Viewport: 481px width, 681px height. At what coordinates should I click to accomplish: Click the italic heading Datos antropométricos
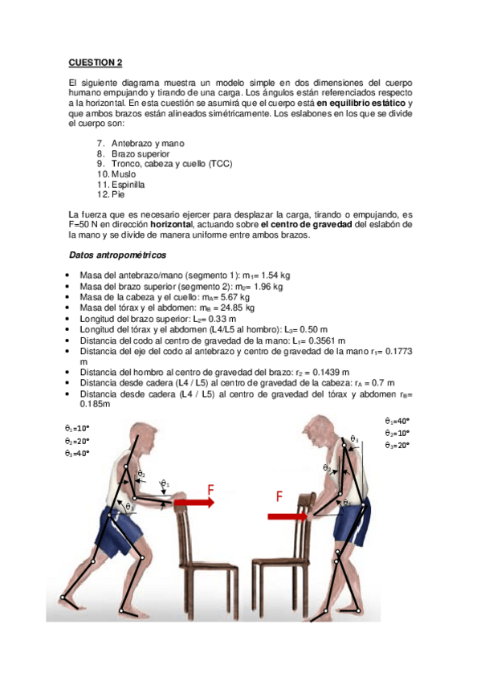(117, 255)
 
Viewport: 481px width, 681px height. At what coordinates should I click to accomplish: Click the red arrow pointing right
(193, 503)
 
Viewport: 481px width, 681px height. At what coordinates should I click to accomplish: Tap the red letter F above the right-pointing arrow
(210, 487)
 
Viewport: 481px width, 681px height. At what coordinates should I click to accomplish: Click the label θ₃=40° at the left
(77, 453)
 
